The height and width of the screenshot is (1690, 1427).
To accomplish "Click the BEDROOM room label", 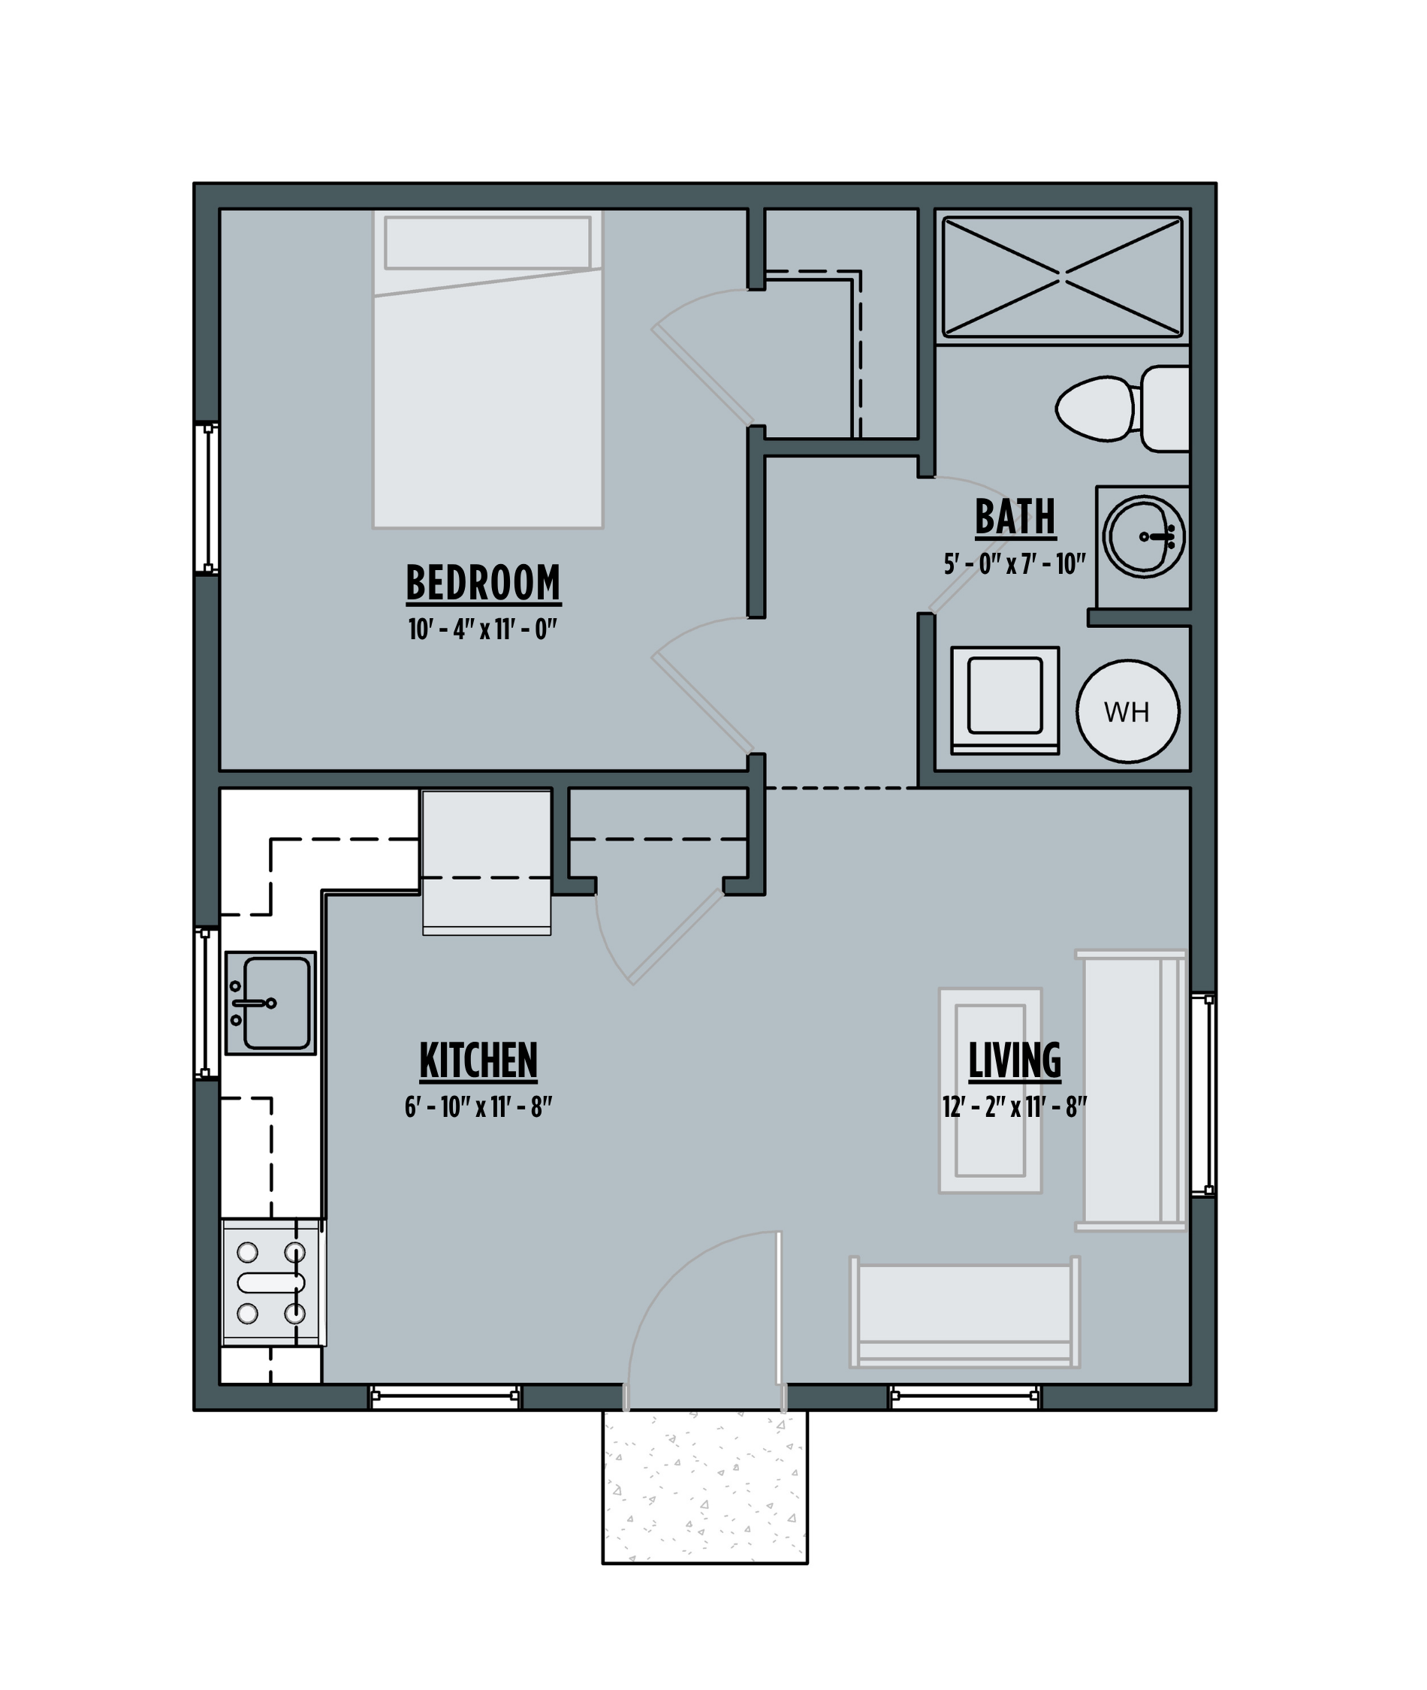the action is [483, 584].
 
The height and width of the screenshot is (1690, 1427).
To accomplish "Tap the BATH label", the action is [1015, 517].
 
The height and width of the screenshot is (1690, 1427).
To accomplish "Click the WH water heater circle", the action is [1127, 711].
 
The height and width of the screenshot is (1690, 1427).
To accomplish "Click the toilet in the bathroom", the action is [1122, 409].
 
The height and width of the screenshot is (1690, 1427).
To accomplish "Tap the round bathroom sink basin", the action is [1144, 536].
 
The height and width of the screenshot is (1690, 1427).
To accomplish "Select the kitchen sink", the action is [270, 1003].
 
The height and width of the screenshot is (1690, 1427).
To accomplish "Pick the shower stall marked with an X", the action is [1062, 276].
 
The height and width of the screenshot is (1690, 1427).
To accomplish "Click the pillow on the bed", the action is [487, 243].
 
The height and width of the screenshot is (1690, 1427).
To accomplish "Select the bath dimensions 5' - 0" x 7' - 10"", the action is [1015, 564].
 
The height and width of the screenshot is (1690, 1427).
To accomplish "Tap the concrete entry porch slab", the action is [704, 1488].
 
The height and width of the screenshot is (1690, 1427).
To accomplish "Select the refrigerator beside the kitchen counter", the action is [487, 862].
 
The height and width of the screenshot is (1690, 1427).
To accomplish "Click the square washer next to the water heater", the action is [1005, 701].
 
